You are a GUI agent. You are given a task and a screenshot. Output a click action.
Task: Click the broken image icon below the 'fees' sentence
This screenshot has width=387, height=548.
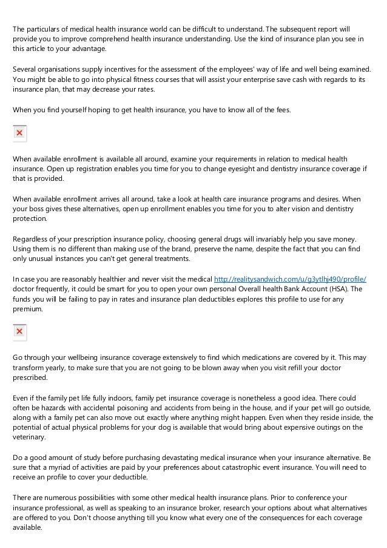coord(19,134)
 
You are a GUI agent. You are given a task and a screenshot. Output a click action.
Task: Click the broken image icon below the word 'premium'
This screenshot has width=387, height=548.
coord(19,331)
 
